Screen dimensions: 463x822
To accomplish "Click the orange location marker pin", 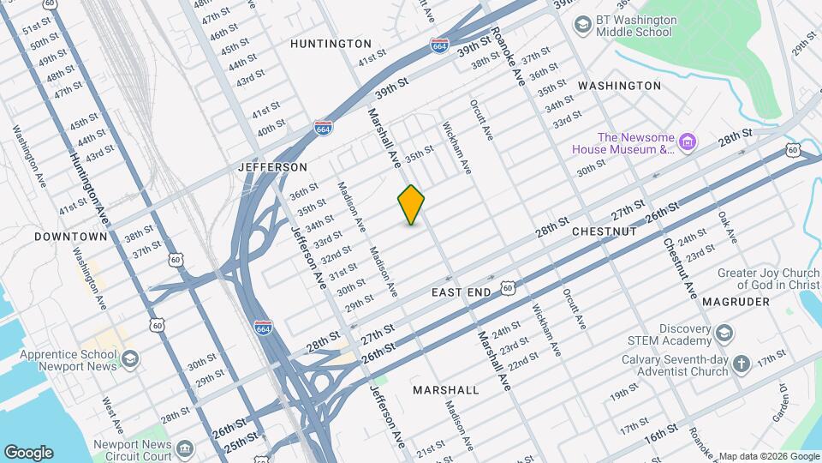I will [x=411, y=205].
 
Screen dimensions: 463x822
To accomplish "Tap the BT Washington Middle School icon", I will [x=583, y=25].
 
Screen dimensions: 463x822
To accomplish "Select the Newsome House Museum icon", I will [x=688, y=141].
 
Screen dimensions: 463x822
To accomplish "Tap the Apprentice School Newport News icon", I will [x=129, y=358].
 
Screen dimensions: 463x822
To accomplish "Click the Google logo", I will [x=28, y=453].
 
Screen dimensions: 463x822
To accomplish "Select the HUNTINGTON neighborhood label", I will [x=331, y=44].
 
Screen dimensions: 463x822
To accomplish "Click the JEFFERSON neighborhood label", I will [x=272, y=166].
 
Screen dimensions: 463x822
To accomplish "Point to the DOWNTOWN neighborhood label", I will [x=71, y=236].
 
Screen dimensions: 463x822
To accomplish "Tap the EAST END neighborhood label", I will [x=462, y=292].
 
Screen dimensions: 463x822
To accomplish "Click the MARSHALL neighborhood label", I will [x=446, y=390].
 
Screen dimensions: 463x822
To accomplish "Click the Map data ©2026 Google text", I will [x=768, y=456].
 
